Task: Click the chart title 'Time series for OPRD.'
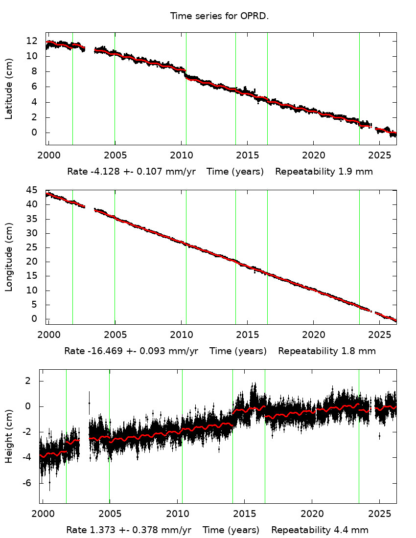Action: (x=219, y=16)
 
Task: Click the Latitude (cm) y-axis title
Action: (x=9, y=89)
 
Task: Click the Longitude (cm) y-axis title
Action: (x=9, y=257)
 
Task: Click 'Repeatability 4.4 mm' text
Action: (x=320, y=530)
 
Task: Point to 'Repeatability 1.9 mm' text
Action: (x=324, y=172)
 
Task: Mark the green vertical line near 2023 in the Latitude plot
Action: (x=359, y=89)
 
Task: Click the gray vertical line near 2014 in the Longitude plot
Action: (x=235, y=257)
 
